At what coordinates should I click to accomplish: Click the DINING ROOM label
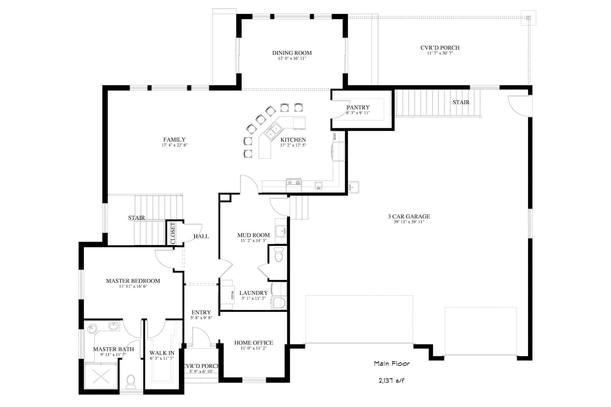292,53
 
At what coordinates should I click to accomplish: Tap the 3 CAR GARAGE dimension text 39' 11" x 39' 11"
409,222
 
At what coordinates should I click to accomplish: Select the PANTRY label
358,107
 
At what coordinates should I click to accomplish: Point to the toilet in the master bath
131,382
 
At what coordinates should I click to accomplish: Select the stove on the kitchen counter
294,183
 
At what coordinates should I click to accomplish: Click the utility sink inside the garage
353,187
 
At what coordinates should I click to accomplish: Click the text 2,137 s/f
391,381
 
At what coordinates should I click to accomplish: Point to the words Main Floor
391,364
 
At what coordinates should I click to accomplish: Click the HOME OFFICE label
253,343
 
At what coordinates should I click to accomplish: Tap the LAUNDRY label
253,293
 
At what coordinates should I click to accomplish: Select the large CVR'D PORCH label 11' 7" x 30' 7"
440,48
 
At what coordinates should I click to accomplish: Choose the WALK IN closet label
162,353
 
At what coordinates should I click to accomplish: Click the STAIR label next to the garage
461,102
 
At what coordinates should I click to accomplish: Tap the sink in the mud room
280,231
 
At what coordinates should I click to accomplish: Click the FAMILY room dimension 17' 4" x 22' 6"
174,145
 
